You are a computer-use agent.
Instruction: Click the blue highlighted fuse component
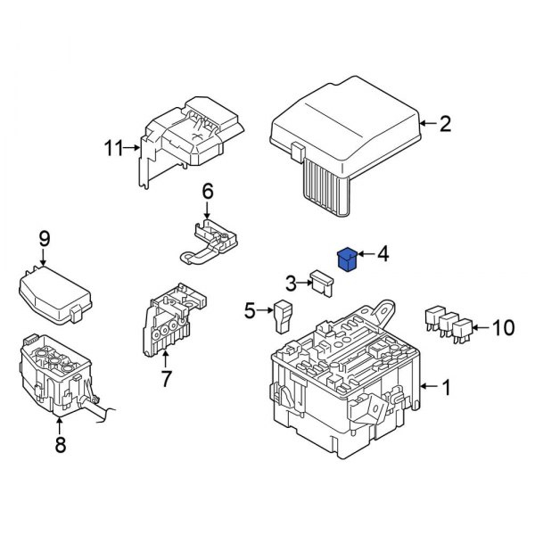click(346, 259)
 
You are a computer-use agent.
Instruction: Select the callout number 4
click(383, 255)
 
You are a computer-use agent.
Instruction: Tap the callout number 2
click(445, 123)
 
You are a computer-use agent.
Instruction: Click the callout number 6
click(207, 190)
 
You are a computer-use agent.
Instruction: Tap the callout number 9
click(43, 238)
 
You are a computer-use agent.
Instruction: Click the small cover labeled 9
click(55, 292)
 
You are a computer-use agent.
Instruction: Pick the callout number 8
click(61, 445)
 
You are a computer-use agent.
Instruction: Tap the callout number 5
click(250, 310)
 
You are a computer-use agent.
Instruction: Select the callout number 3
click(290, 284)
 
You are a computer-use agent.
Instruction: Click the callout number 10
click(503, 328)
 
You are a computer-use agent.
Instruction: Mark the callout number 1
click(445, 387)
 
